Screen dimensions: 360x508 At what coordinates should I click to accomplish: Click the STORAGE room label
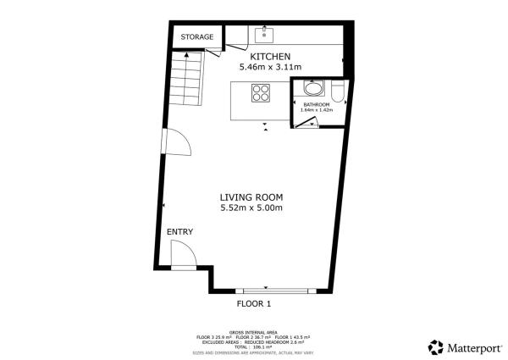pyautogui.click(x=196, y=37)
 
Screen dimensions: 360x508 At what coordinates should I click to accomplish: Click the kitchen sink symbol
pyautogui.click(x=264, y=35)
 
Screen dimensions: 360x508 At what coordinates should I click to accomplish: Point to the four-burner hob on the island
pyautogui.click(x=258, y=94)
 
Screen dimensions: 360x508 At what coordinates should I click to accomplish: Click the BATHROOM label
pyautogui.click(x=317, y=104)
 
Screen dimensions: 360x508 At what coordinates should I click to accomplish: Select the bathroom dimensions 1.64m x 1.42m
pyautogui.click(x=317, y=110)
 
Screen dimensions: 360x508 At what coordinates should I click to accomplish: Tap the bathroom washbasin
pyautogui.click(x=313, y=88)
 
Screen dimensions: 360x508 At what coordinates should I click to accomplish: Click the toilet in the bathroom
pyautogui.click(x=337, y=90)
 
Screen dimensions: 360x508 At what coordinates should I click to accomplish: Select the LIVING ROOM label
pyautogui.click(x=251, y=197)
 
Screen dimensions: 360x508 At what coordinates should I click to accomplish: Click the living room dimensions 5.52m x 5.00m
pyautogui.click(x=251, y=208)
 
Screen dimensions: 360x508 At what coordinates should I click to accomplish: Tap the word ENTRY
pyautogui.click(x=179, y=232)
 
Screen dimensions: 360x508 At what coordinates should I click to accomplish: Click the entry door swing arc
pyautogui.click(x=184, y=252)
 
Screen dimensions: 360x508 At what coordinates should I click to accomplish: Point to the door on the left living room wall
pyautogui.click(x=175, y=142)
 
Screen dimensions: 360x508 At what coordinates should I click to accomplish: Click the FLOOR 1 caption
pyautogui.click(x=253, y=303)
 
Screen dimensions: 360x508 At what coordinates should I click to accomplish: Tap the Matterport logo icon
pyautogui.click(x=436, y=346)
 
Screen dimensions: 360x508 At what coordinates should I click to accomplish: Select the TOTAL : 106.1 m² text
pyautogui.click(x=254, y=346)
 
